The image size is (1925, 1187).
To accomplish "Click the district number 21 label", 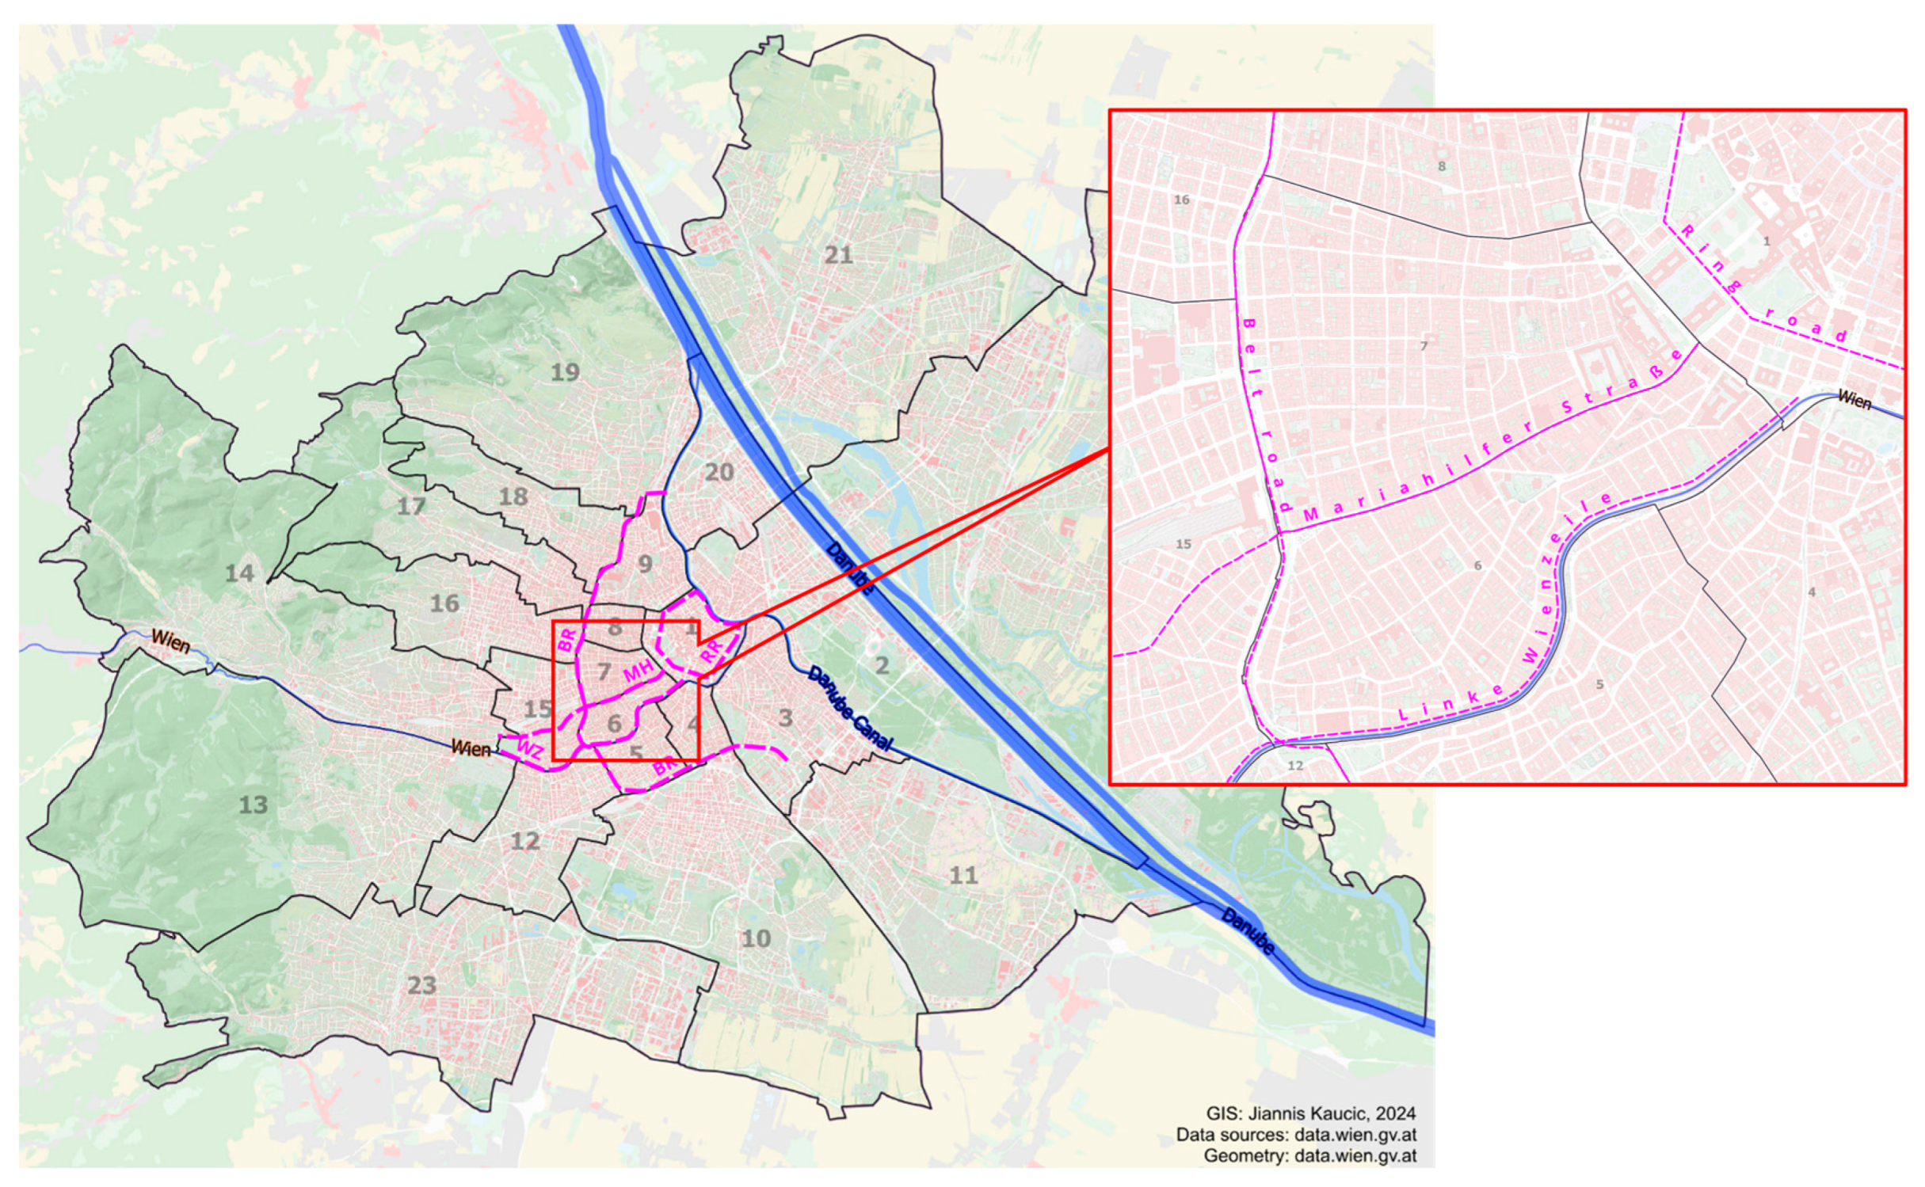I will pos(839,255).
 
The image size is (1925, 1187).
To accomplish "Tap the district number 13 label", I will pos(253,805).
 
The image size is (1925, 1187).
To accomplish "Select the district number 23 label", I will pos(421,985).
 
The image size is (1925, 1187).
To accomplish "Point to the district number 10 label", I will pos(756,939).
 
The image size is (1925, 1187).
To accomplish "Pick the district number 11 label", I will pos(963,875).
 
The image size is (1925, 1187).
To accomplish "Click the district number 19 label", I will pos(565,372).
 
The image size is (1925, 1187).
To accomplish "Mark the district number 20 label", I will pos(719,473).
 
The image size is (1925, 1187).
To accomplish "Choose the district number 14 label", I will pos(239,573).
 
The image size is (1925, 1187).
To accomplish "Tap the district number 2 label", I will pos(882,665).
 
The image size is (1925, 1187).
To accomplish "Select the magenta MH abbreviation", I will pos(638,671).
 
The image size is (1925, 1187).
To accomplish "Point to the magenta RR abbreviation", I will pos(712,651).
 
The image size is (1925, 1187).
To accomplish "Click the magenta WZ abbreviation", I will pos(530,748).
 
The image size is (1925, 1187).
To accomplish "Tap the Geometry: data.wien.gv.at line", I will pos(1309,1155).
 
